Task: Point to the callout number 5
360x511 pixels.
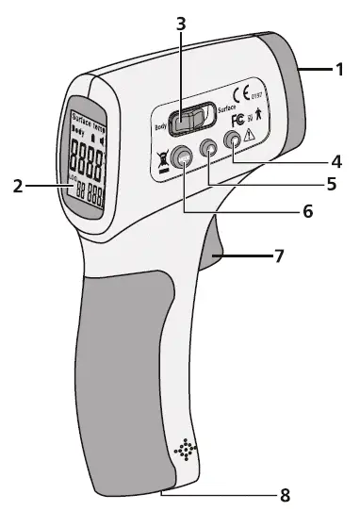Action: [331, 184]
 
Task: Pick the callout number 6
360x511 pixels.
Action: [306, 212]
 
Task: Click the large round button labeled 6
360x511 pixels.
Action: [183, 161]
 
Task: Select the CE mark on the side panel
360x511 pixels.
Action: [240, 95]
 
